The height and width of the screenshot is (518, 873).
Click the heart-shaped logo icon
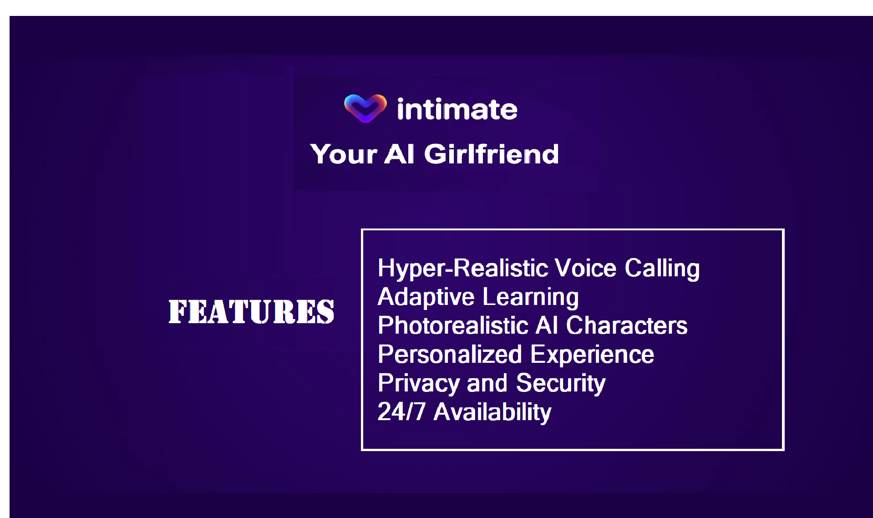pos(365,108)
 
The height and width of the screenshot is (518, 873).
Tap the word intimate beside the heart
pos(457,109)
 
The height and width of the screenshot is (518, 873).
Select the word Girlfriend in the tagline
pos(492,154)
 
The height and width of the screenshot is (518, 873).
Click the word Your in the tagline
pos(344,154)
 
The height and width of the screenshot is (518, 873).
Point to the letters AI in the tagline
pos(400,154)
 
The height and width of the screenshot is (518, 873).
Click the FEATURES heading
pos(251,312)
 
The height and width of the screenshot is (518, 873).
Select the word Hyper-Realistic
pos(463,269)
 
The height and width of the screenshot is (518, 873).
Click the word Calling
pos(662,269)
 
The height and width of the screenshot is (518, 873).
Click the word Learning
pos(531,298)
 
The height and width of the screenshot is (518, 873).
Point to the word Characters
pos(626,325)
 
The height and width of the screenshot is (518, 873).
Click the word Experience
pos(592,355)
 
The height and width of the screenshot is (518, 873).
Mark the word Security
pos(561,383)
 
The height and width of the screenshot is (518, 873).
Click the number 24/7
pos(401,411)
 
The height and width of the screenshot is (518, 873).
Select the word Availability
pos(492,412)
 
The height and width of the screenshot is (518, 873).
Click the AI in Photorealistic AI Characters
pos(547,325)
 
